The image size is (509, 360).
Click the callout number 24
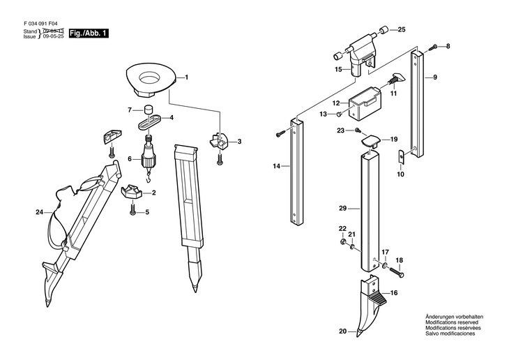click(x=39, y=213)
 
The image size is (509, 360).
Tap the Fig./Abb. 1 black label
click(x=89, y=33)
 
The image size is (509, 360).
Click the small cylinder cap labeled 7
click(x=149, y=110)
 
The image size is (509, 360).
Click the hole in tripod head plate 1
click(x=150, y=79)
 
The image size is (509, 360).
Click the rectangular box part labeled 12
click(x=365, y=104)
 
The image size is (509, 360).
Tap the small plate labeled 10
click(x=401, y=156)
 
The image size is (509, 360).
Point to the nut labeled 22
click(x=342, y=241)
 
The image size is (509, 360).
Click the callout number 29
click(x=343, y=209)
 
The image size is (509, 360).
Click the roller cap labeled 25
click(x=384, y=30)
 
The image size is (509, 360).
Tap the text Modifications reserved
click(x=452, y=322)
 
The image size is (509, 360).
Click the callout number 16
click(x=394, y=293)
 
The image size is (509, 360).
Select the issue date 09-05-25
click(x=54, y=36)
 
